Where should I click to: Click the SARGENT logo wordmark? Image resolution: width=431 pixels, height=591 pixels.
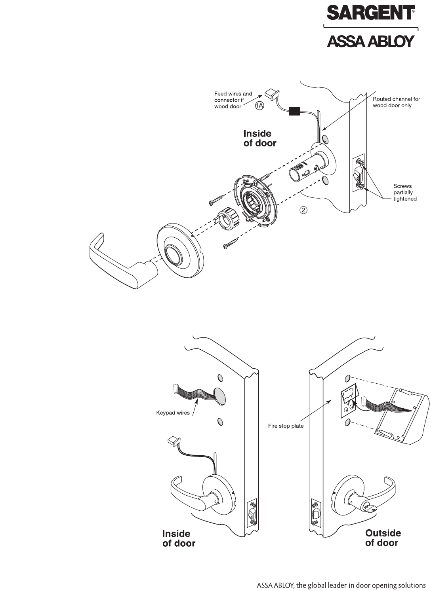coord(370,13)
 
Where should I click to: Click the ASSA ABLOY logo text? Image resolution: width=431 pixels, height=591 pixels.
coord(370,41)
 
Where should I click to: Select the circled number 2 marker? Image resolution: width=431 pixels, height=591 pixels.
coord(303,210)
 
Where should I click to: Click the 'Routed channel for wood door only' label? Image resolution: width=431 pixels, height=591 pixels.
coord(396,102)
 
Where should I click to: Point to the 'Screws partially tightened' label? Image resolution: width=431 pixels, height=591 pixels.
coord(404,192)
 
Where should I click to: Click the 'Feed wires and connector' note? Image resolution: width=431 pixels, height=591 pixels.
coord(233,100)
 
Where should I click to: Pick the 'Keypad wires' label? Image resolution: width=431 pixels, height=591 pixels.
coord(173,413)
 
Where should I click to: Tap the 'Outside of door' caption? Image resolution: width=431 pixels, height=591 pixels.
coord(383,538)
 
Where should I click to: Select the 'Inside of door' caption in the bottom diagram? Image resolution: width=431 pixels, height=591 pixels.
coord(179,538)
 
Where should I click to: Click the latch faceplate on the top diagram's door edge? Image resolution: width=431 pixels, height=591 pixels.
coord(358,174)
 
